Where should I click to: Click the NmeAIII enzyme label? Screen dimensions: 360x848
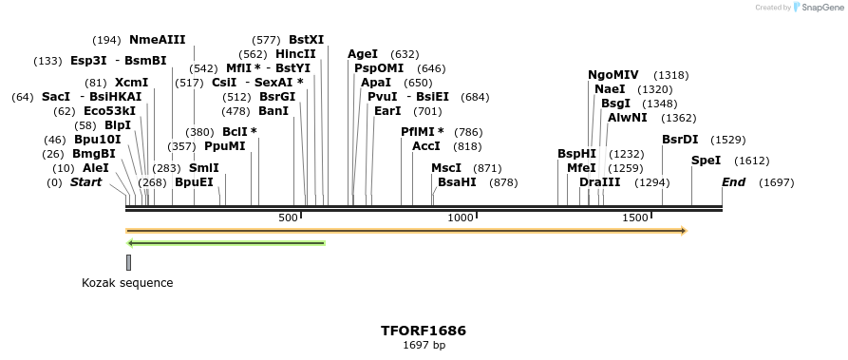click(x=157, y=40)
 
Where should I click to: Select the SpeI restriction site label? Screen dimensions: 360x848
click(x=706, y=161)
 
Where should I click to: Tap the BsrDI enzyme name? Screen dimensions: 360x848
click(x=680, y=140)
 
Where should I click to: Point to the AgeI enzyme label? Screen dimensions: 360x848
click(x=363, y=54)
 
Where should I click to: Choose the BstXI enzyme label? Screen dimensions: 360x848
click(x=306, y=40)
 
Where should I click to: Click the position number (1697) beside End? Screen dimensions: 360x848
click(x=776, y=182)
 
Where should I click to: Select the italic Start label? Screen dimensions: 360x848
click(x=85, y=182)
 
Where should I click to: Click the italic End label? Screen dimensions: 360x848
click(x=733, y=182)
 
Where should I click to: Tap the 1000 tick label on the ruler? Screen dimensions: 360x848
click(x=461, y=218)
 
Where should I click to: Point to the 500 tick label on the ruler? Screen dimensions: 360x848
click(x=288, y=218)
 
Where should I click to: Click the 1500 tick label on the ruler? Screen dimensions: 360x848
click(x=634, y=218)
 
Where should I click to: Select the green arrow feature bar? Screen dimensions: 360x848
click(x=226, y=243)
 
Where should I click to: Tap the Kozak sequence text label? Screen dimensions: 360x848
click(x=127, y=282)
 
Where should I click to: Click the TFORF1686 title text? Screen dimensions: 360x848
click(x=424, y=331)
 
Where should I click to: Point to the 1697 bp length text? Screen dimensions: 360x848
click(x=424, y=345)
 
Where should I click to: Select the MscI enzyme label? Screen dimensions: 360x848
click(x=446, y=168)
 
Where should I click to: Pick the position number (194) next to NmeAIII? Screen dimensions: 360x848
click(x=106, y=40)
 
